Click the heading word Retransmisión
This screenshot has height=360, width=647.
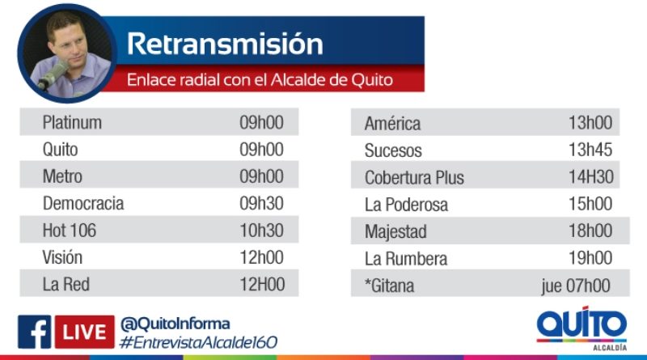click(225, 44)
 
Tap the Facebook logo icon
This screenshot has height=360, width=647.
click(34, 332)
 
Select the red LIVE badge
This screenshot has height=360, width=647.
click(85, 332)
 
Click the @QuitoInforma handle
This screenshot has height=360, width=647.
click(175, 324)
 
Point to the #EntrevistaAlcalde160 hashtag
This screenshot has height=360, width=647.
click(198, 342)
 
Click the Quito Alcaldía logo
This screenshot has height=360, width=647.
click(581, 328)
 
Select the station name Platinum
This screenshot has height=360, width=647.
click(72, 123)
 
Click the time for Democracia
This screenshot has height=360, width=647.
click(261, 203)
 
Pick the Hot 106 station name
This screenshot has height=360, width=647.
click(70, 231)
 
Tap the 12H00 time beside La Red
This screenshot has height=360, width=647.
click(262, 285)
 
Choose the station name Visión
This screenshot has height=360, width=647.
click(62, 257)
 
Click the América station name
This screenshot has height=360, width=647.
click(392, 124)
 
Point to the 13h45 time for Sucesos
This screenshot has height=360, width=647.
click(590, 150)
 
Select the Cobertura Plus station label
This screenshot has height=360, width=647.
click(414, 177)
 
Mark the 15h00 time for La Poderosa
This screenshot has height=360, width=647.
click(590, 204)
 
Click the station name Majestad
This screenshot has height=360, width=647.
click(395, 231)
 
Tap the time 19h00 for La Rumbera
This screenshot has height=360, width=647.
click(590, 257)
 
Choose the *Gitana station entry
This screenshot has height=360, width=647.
click(389, 286)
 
